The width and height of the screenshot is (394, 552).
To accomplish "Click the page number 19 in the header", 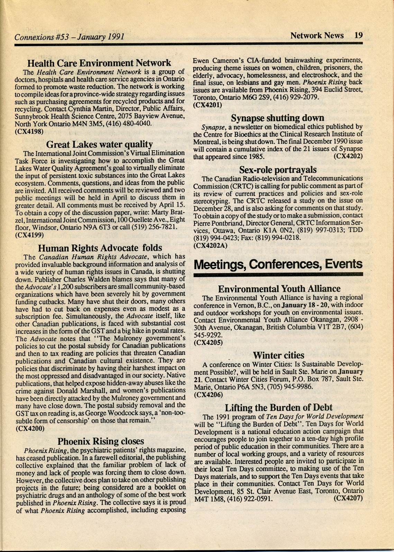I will (358, 36).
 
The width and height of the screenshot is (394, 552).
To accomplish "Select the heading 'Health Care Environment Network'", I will (99, 63).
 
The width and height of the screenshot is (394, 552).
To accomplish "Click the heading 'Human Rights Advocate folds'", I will (100, 248).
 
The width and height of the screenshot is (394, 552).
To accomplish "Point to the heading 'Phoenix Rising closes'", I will (100, 441).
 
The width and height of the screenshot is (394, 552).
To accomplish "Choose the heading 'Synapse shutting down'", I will (278, 118).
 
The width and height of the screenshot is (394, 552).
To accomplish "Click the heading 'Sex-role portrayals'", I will (278, 170).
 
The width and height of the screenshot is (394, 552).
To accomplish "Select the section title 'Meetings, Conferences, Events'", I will (278, 264).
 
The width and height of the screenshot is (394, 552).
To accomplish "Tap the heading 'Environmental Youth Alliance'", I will (279, 288).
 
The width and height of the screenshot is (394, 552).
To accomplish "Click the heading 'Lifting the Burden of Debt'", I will (278, 407).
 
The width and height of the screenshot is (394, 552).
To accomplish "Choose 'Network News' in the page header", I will (317, 36).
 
